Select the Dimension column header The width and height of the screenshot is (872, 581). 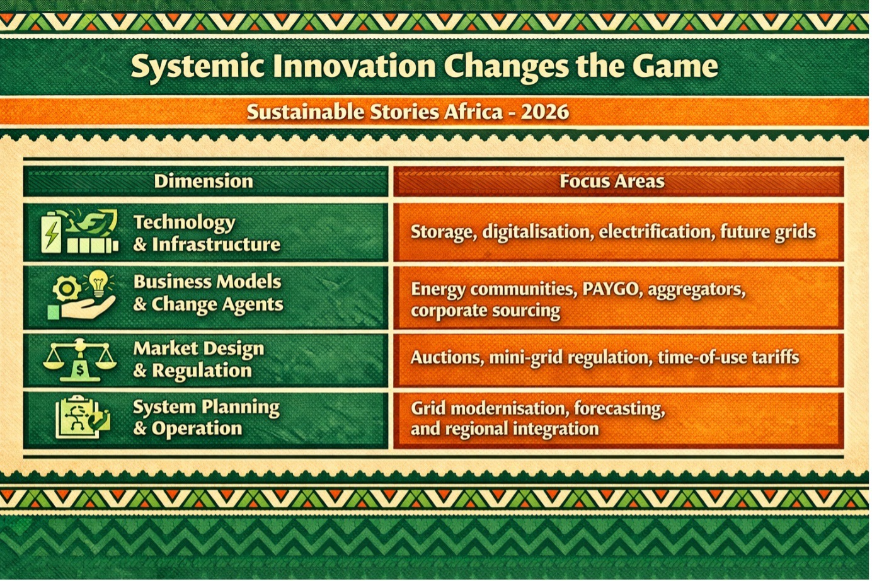pos(204,181)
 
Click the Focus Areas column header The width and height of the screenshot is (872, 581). pos(612,181)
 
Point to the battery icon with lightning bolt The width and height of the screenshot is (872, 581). pos(52,233)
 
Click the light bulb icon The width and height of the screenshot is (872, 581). pos(99,283)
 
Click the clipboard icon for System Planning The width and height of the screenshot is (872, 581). pos(83,417)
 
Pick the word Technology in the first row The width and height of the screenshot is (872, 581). pos(185,223)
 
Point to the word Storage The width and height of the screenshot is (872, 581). pos(444,233)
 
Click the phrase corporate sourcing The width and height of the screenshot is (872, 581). pos(485,311)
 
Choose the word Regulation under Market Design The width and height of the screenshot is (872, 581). pos(202,371)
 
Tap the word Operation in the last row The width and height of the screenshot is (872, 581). pos(197,429)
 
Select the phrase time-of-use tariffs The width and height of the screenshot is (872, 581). pos(728,357)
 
